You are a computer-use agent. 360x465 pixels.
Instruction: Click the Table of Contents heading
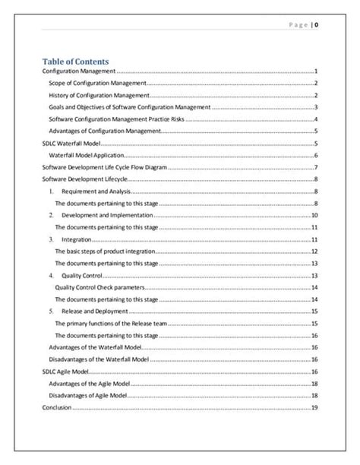(x=75, y=61)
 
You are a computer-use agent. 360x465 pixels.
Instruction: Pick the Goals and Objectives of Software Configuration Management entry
(x=129, y=107)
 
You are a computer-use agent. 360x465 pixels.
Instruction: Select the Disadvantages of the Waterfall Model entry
(x=99, y=359)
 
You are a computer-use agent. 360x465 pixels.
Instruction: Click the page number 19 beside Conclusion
(x=314, y=408)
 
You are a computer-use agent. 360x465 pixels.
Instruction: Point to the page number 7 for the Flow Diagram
(x=315, y=167)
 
